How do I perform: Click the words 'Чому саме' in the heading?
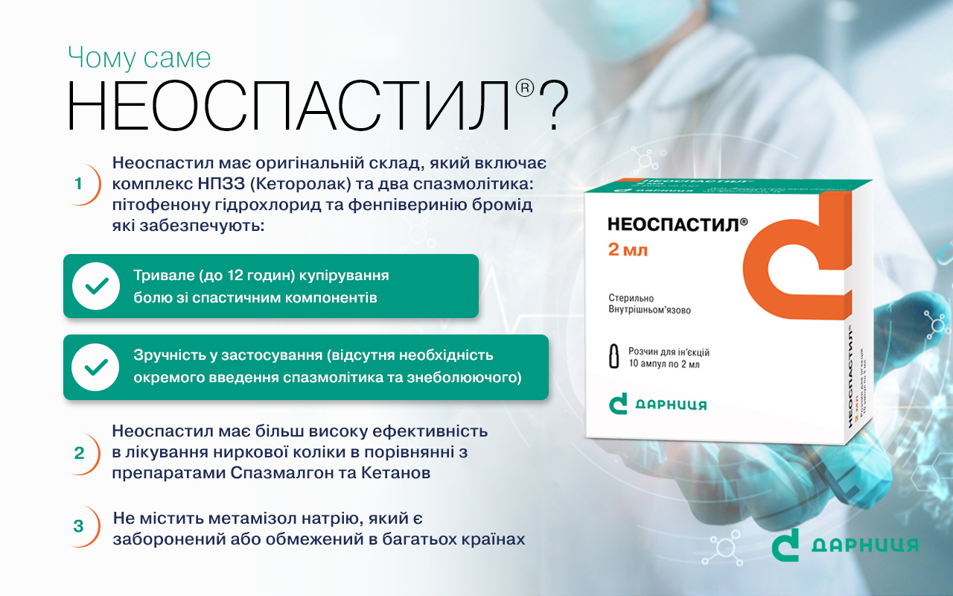139,58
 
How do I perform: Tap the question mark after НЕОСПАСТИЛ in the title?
553,106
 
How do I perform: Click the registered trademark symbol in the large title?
525,88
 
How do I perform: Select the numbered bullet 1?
78,184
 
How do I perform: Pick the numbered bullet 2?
79,454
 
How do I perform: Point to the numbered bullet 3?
79,526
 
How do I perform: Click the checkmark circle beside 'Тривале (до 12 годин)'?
96,286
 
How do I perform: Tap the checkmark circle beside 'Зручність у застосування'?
96,367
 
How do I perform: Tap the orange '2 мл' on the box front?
628,250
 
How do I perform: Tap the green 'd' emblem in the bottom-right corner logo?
785,545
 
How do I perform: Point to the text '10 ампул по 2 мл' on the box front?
664,364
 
